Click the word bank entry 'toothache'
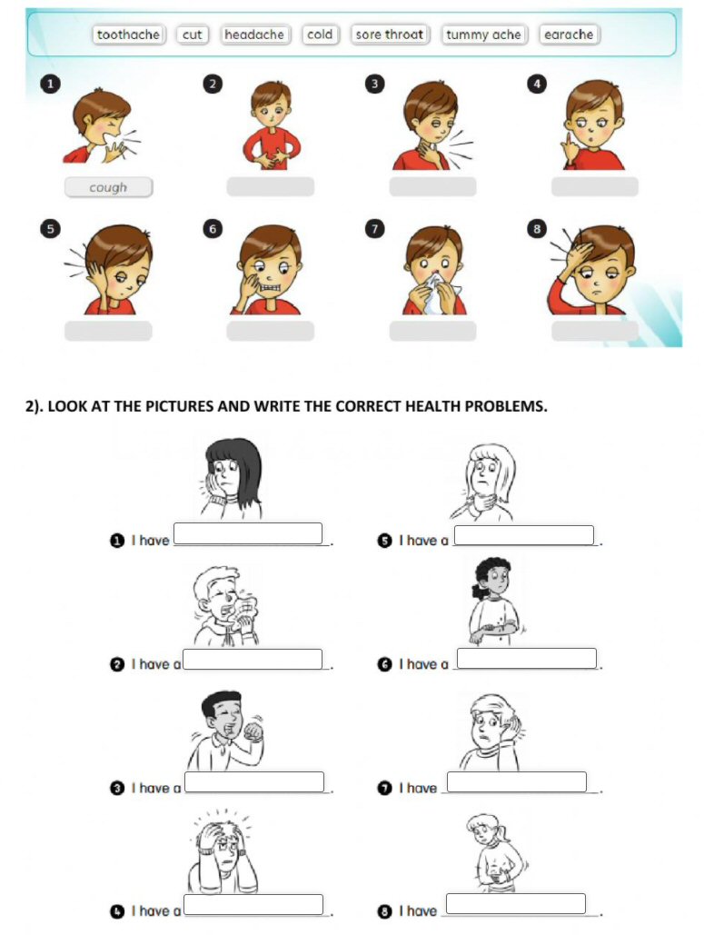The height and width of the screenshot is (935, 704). pyautogui.click(x=128, y=35)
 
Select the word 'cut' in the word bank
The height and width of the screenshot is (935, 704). pyautogui.click(x=192, y=35)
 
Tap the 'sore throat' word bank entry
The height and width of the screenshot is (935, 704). pyautogui.click(x=390, y=35)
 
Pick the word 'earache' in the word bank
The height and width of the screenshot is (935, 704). pyautogui.click(x=569, y=35)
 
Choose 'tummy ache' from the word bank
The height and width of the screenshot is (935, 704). pyautogui.click(x=483, y=35)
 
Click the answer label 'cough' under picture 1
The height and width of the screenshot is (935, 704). pyautogui.click(x=108, y=187)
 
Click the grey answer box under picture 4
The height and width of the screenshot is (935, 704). pyautogui.click(x=594, y=186)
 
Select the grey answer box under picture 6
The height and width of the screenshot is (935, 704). pyautogui.click(x=270, y=331)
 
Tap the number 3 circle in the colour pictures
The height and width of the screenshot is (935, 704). pyautogui.click(x=374, y=84)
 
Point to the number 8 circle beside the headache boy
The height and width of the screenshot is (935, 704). pyautogui.click(x=537, y=228)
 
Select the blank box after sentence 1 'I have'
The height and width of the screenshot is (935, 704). pyautogui.click(x=248, y=533)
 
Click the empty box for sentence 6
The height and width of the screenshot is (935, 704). pyautogui.click(x=527, y=658)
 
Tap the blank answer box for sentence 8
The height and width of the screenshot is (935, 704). pyautogui.click(x=516, y=904)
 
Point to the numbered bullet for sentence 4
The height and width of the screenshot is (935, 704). pyautogui.click(x=117, y=911)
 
